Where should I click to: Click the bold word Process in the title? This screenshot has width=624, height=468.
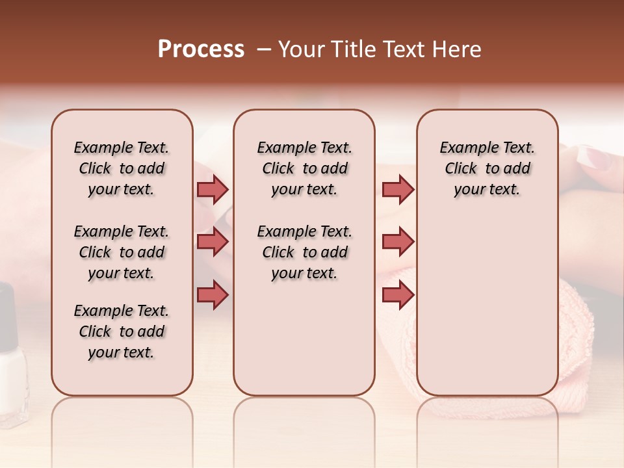point(201,49)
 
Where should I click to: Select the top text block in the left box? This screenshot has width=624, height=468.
point(122,168)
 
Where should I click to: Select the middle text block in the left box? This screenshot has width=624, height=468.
point(122,252)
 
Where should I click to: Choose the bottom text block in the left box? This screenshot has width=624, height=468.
point(122,331)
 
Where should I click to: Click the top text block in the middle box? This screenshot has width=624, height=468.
point(304,168)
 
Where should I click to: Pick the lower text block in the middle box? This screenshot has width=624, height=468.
point(304,252)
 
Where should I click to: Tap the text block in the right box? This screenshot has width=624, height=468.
point(487,168)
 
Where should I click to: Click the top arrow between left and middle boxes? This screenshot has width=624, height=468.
point(213,189)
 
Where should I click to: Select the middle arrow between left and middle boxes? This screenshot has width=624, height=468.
point(213,242)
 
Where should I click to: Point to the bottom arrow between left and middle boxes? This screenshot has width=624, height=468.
point(213,295)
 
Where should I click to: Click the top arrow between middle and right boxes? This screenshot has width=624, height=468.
point(398,189)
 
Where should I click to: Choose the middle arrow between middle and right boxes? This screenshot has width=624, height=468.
point(398,242)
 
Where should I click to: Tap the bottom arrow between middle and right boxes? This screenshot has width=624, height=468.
point(398,295)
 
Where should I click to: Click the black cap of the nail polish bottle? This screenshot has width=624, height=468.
point(6,312)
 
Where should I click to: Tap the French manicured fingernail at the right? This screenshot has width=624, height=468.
point(596,157)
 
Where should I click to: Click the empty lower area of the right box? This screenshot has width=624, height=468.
point(487,312)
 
